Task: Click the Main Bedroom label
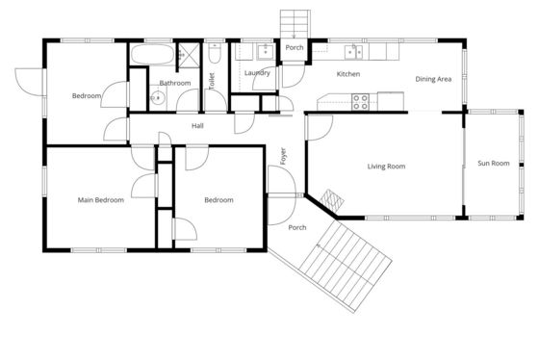pyautogui.click(x=101, y=200)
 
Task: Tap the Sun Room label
pyautogui.click(x=494, y=164)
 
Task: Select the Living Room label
pyautogui.click(x=386, y=167)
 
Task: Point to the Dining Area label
pyautogui.click(x=433, y=79)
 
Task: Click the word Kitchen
pyautogui.click(x=348, y=74)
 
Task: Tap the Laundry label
pyautogui.click(x=257, y=73)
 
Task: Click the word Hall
pyautogui.click(x=197, y=126)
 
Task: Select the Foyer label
pyautogui.click(x=283, y=156)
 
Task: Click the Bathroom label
pyautogui.click(x=175, y=83)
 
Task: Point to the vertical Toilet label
pyautogui.click(x=212, y=81)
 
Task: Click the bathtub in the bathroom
pyautogui.click(x=153, y=54)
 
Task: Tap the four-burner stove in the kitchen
pyautogui.click(x=360, y=102)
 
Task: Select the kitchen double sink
pyautogui.click(x=354, y=52)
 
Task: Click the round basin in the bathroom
pyautogui.click(x=158, y=99)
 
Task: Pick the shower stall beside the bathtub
pyautogui.click(x=189, y=55)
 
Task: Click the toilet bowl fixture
pyautogui.click(x=215, y=54)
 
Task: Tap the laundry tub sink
pyautogui.click(x=265, y=52)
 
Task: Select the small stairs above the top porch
pyautogui.click(x=295, y=24)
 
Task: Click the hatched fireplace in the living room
pyautogui.click(x=332, y=200)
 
